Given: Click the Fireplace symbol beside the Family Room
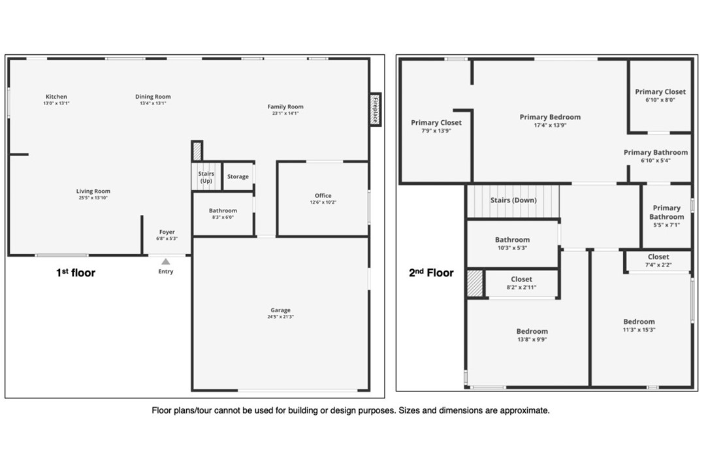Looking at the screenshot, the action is tap(375, 109).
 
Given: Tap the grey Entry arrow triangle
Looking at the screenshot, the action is tap(166, 261).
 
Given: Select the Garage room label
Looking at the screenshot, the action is tap(280, 310).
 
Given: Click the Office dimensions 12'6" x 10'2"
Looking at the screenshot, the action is tap(323, 203).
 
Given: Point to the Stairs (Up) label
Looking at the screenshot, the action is tap(206, 177).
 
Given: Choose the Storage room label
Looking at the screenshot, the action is tap(238, 176).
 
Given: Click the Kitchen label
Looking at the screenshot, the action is tap(56, 96).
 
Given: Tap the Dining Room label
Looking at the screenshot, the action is tap(153, 96).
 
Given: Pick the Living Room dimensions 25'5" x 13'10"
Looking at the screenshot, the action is tap(93, 198).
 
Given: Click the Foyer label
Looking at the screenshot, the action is tap(167, 232).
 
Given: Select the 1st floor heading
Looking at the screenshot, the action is tap(76, 272).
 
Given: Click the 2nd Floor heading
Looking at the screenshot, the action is tap(431, 272).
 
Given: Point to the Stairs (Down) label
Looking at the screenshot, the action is tap(513, 200).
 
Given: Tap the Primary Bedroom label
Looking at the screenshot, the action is tap(550, 117).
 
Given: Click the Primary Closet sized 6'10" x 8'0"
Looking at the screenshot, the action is tap(660, 95).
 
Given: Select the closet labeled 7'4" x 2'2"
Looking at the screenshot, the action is tap(658, 260).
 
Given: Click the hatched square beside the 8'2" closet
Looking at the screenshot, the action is tap(475, 284).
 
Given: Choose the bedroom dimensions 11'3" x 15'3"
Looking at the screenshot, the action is tap(639, 330).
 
